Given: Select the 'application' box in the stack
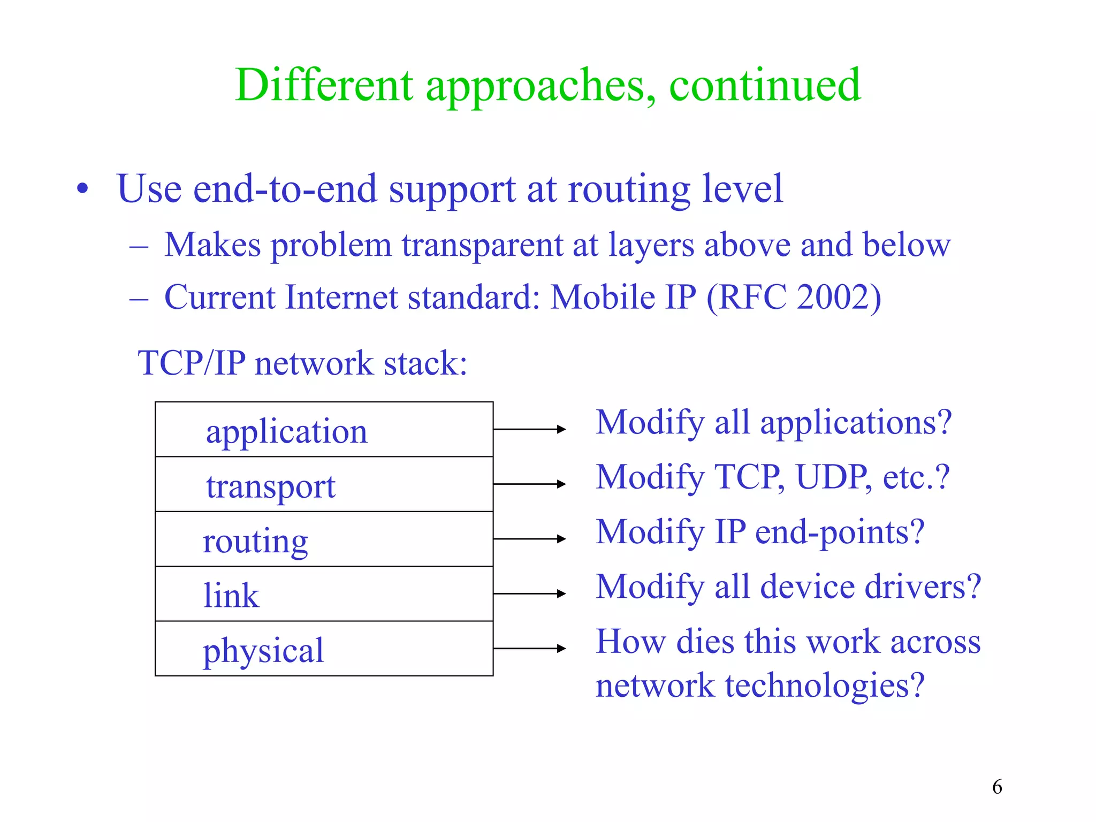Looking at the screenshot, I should click(x=324, y=430).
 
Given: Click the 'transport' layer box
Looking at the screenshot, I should click(x=324, y=485).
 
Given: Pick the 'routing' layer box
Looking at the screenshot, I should click(x=324, y=539).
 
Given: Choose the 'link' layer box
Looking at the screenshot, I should click(x=324, y=594).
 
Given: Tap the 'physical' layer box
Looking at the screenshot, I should click(x=324, y=649).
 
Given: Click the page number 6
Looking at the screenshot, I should click(x=997, y=787).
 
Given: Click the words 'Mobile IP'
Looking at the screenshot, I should click(x=623, y=297).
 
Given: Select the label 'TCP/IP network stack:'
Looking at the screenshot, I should click(x=302, y=363).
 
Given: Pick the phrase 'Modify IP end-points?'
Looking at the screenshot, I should click(x=760, y=532).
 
